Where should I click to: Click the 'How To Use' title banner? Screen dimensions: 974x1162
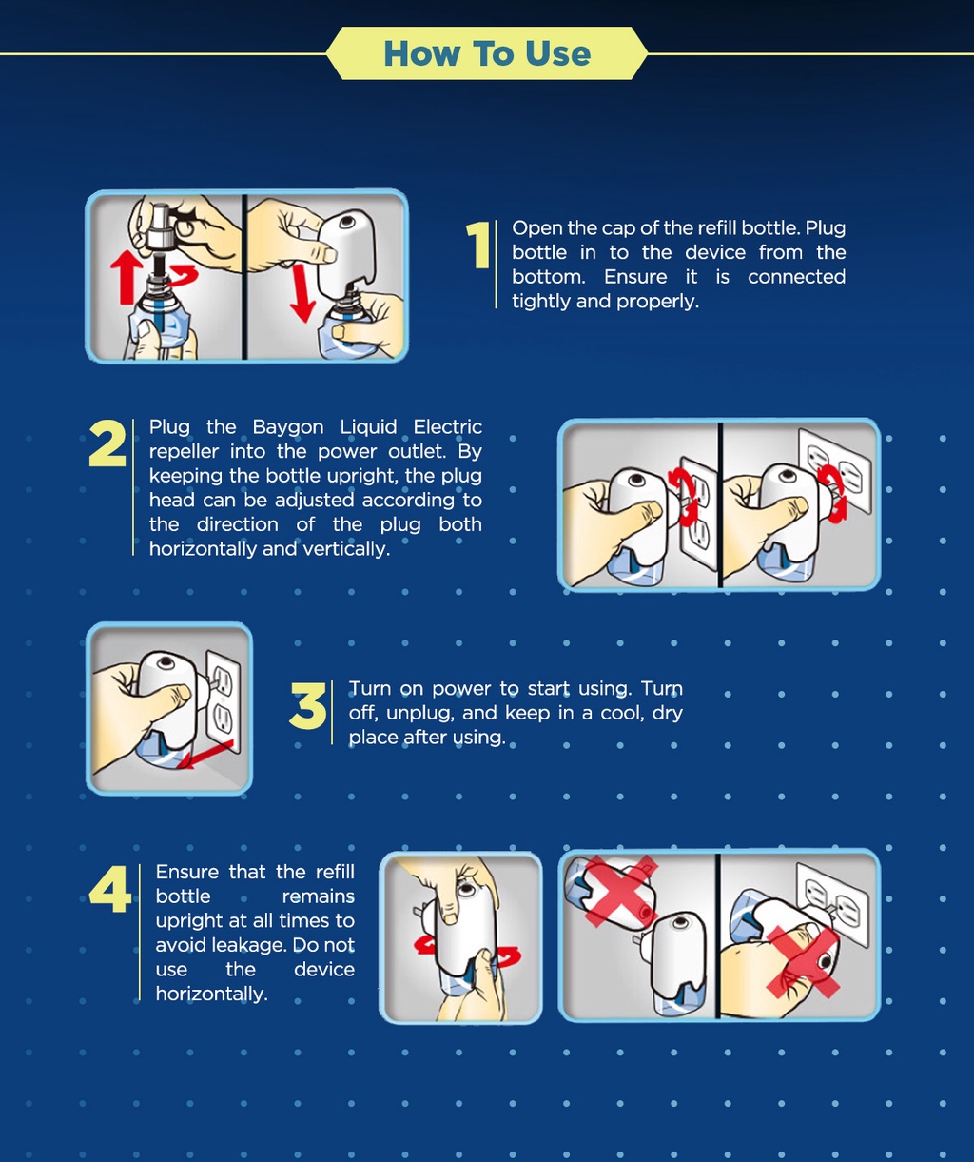(x=487, y=53)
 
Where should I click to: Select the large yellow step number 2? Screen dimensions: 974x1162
(x=107, y=443)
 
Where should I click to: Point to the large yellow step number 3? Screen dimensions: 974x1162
(x=307, y=706)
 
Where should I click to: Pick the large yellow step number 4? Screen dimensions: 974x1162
(x=110, y=889)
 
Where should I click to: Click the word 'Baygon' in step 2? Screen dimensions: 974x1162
(x=287, y=427)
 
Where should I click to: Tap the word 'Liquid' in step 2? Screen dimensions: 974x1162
(x=368, y=427)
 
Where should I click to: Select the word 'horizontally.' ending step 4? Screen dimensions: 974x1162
(x=211, y=994)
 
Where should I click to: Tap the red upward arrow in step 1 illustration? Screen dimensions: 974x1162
(x=126, y=277)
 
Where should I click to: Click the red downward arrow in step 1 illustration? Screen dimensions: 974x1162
(x=302, y=294)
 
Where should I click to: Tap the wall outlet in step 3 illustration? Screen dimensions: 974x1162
(x=224, y=702)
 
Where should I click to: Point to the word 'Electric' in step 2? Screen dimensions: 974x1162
(x=447, y=427)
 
